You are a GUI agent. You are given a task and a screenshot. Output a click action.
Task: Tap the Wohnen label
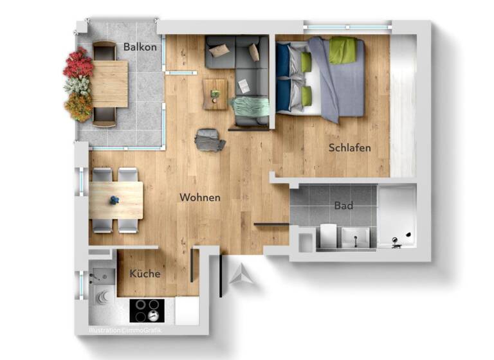pyautogui.click(x=200, y=197)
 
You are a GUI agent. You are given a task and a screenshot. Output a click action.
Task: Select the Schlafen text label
pyautogui.click(x=349, y=148)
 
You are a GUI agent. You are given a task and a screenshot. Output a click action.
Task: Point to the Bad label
pyautogui.click(x=343, y=206)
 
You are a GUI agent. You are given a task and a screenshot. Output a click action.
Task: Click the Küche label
pyautogui.click(x=145, y=274)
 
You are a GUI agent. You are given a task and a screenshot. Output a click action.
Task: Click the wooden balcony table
pyautogui.click(x=110, y=84)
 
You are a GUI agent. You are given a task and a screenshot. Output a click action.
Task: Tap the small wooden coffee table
pyautogui.click(x=215, y=94)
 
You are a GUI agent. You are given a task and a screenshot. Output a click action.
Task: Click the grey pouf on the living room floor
pyautogui.click(x=210, y=139)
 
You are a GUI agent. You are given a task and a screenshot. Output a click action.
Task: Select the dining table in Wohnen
pyautogui.click(x=116, y=200)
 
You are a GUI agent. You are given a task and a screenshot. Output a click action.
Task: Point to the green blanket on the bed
pyautogui.click(x=343, y=50)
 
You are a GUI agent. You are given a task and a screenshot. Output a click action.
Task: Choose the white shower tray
pyautogui.click(x=396, y=217)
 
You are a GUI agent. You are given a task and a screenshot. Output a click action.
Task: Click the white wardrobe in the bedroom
pyautogui.click(x=403, y=106)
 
